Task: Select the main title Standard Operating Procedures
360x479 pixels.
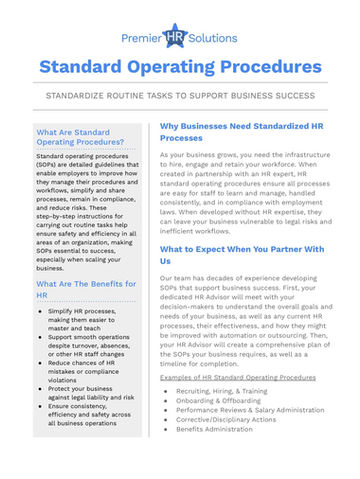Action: point(180,67)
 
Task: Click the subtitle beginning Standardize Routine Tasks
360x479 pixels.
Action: point(180,96)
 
